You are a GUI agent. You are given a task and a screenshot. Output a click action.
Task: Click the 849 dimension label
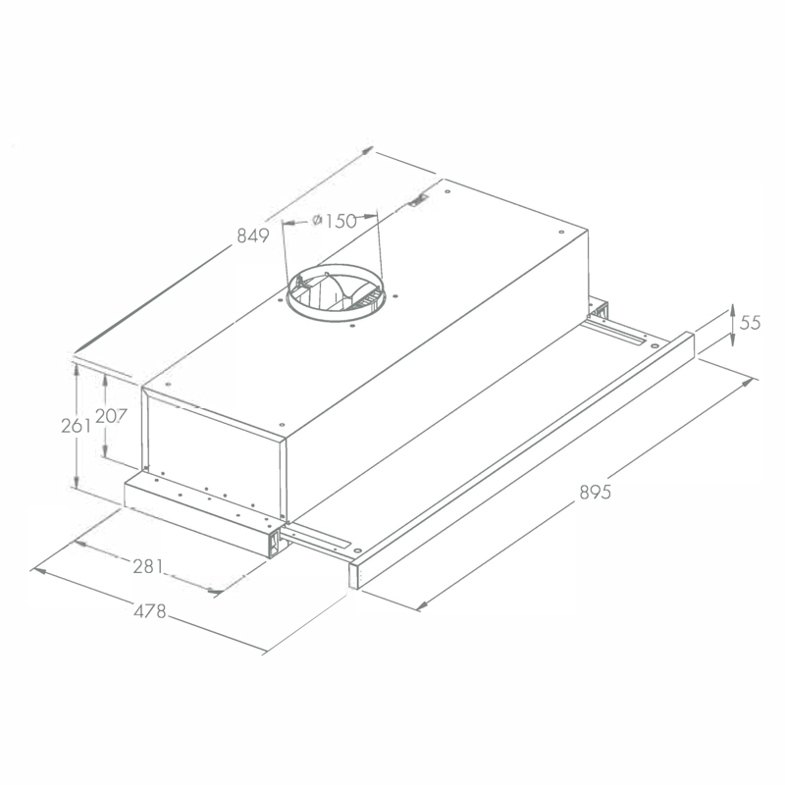[253, 235]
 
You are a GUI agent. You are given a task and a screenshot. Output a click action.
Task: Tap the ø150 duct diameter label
[335, 221]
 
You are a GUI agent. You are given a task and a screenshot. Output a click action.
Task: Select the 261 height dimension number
[77, 426]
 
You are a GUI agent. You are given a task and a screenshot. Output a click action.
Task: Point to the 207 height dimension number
[111, 416]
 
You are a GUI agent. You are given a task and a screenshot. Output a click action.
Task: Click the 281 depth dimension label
[148, 567]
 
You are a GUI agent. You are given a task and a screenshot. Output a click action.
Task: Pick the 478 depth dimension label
[150, 611]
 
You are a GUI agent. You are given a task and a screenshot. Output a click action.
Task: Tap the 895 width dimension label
[596, 493]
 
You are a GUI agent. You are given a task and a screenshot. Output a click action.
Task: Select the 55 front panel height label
[750, 323]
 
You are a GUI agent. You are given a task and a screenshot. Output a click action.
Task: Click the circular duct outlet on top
[336, 292]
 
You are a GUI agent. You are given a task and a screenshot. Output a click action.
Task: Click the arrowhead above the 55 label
[732, 310]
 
